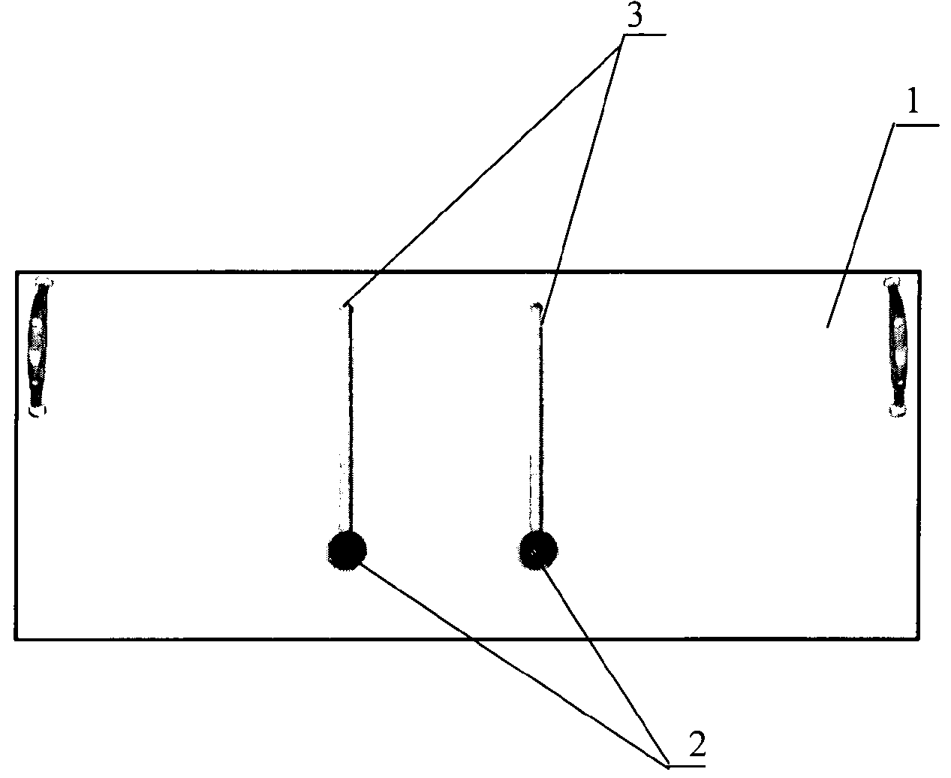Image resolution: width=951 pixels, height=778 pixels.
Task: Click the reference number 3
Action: (634, 17)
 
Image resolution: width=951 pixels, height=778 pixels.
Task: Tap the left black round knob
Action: (348, 550)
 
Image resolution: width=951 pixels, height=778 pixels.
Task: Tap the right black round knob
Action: (538, 550)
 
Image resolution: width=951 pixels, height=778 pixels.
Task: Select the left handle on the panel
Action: (39, 347)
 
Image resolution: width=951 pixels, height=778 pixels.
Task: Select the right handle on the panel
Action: (898, 347)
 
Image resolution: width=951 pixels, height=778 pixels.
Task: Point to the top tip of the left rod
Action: (345, 306)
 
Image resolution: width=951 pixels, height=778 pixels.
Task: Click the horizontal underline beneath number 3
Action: (644, 35)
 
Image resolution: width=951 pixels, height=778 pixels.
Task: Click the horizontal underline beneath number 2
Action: (686, 765)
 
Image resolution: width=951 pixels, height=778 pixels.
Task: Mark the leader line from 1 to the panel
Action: (860, 226)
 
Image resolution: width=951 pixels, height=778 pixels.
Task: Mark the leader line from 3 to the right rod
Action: (582, 179)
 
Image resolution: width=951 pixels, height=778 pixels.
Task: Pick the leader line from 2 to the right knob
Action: (606, 666)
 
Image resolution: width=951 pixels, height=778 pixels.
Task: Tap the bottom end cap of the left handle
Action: (38, 410)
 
